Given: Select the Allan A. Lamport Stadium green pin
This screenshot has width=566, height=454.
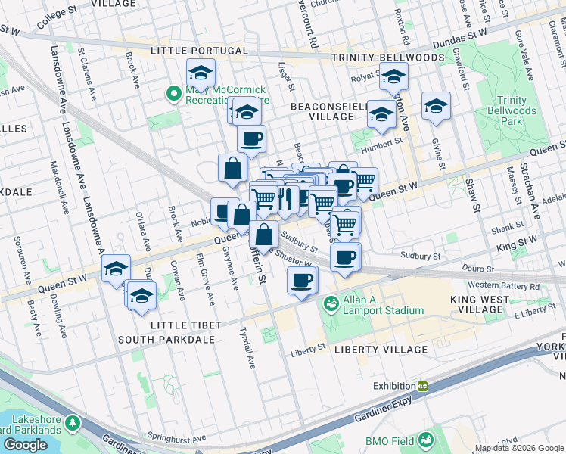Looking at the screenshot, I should [330, 305].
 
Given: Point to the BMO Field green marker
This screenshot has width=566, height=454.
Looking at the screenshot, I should [425, 439].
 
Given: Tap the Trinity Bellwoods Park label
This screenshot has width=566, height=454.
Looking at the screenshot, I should [517, 111].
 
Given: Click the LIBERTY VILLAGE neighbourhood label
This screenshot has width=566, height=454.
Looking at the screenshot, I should [381, 350].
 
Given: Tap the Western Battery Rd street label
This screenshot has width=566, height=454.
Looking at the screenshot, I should [503, 286].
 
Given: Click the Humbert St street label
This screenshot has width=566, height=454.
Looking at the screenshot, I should [379, 150].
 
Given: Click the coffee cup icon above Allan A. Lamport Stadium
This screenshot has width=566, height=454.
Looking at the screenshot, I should [302, 281].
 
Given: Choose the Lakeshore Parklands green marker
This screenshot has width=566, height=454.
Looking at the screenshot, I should [72, 422].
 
